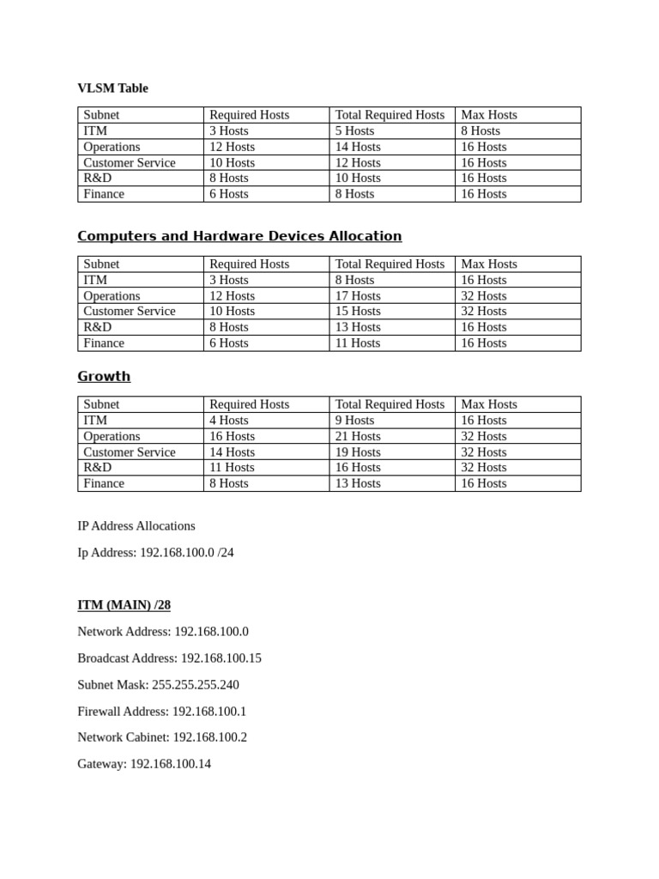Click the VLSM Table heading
(x=112, y=88)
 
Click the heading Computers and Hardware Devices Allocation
(x=239, y=236)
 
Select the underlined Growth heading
(x=104, y=376)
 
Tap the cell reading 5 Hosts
(x=354, y=130)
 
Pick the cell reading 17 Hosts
(x=358, y=296)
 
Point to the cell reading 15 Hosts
(x=358, y=312)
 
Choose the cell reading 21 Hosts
(x=358, y=436)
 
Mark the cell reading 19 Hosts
(x=358, y=452)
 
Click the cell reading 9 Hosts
(x=354, y=421)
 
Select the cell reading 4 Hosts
(x=228, y=421)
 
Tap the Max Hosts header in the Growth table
(x=489, y=404)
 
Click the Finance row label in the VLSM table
(x=104, y=194)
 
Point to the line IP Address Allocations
(x=136, y=525)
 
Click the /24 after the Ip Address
(x=225, y=553)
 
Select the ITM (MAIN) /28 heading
(x=124, y=605)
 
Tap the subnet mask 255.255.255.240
(x=196, y=685)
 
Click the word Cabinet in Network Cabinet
(x=148, y=737)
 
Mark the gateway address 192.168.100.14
(x=171, y=764)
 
